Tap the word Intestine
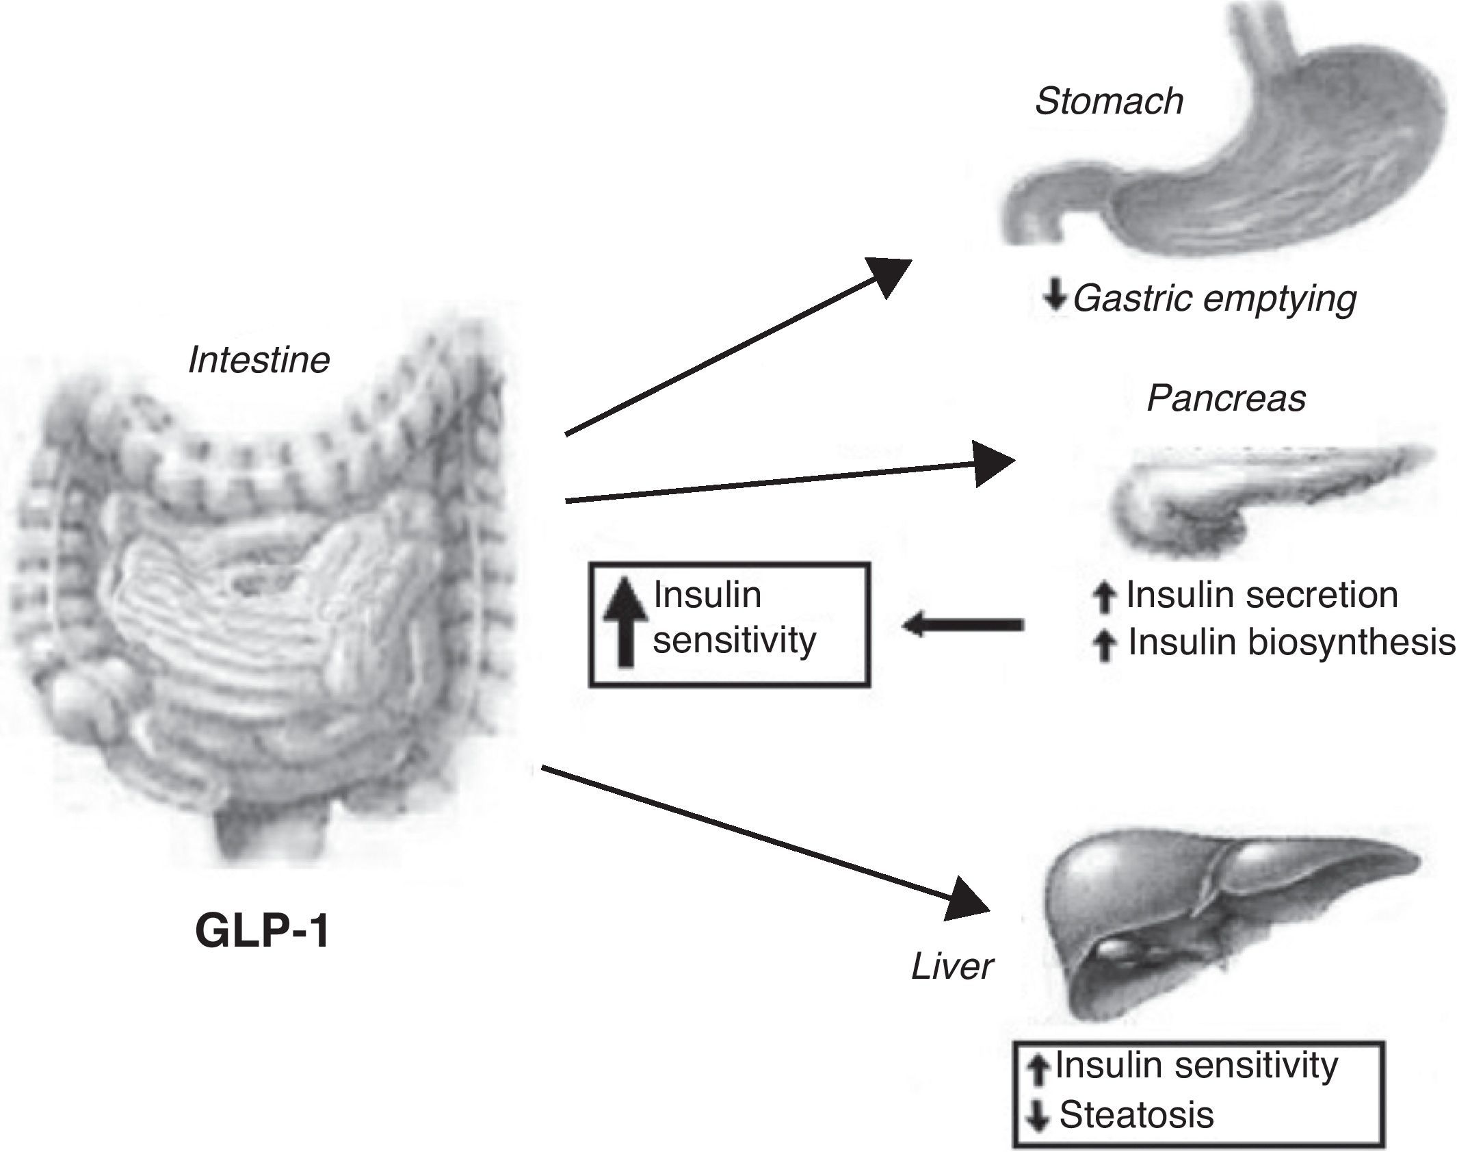click(259, 360)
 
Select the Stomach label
click(1109, 101)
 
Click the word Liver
click(951, 967)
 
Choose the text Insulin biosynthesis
click(1291, 642)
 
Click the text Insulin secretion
click(1261, 594)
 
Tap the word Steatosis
click(1136, 1114)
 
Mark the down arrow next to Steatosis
click(1038, 1116)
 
